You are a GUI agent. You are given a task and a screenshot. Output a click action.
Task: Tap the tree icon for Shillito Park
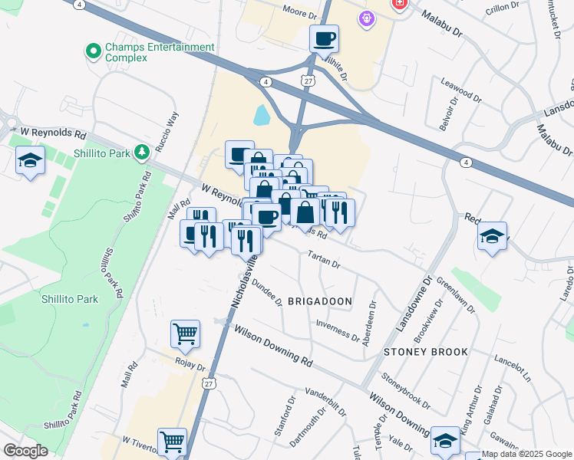coord(141,153)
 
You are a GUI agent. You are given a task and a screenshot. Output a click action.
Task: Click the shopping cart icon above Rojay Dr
coord(185,333)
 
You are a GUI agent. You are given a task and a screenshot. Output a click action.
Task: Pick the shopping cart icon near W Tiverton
coord(172,441)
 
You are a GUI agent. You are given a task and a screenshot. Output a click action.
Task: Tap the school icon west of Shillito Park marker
coord(30,159)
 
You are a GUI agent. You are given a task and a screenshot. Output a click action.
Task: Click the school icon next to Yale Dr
coord(445,440)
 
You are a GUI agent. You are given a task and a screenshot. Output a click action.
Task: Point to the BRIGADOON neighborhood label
coord(319,301)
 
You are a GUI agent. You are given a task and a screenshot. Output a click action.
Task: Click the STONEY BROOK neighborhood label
coord(426,352)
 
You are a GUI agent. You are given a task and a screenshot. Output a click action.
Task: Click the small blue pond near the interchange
coord(262,116)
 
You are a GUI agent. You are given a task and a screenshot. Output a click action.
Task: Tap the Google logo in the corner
coord(25,451)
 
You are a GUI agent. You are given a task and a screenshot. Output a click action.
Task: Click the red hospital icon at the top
coord(399,4)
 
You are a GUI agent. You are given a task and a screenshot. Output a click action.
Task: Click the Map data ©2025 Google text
coord(526,455)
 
